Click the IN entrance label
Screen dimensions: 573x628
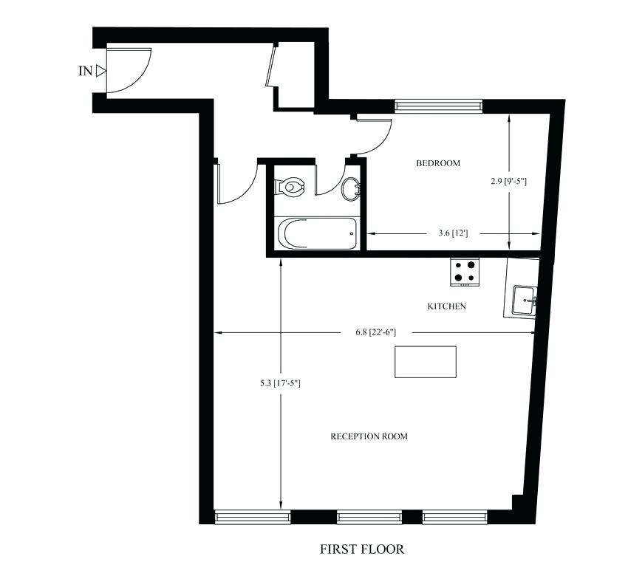[x=85, y=72]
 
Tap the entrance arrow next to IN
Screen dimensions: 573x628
[x=101, y=72]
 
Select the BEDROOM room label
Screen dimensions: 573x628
[x=437, y=163]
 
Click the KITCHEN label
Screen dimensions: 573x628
[x=446, y=306]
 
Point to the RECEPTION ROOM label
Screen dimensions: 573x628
[x=369, y=436]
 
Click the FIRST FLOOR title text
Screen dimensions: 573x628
[x=362, y=549]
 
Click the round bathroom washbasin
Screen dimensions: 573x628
[x=352, y=189]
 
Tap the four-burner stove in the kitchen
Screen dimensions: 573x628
[x=465, y=271]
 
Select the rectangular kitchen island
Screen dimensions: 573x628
[x=425, y=362]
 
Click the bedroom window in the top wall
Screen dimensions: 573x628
[x=438, y=105]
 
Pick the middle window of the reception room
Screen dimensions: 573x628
[x=369, y=517]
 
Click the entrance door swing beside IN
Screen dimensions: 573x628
[x=127, y=71]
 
